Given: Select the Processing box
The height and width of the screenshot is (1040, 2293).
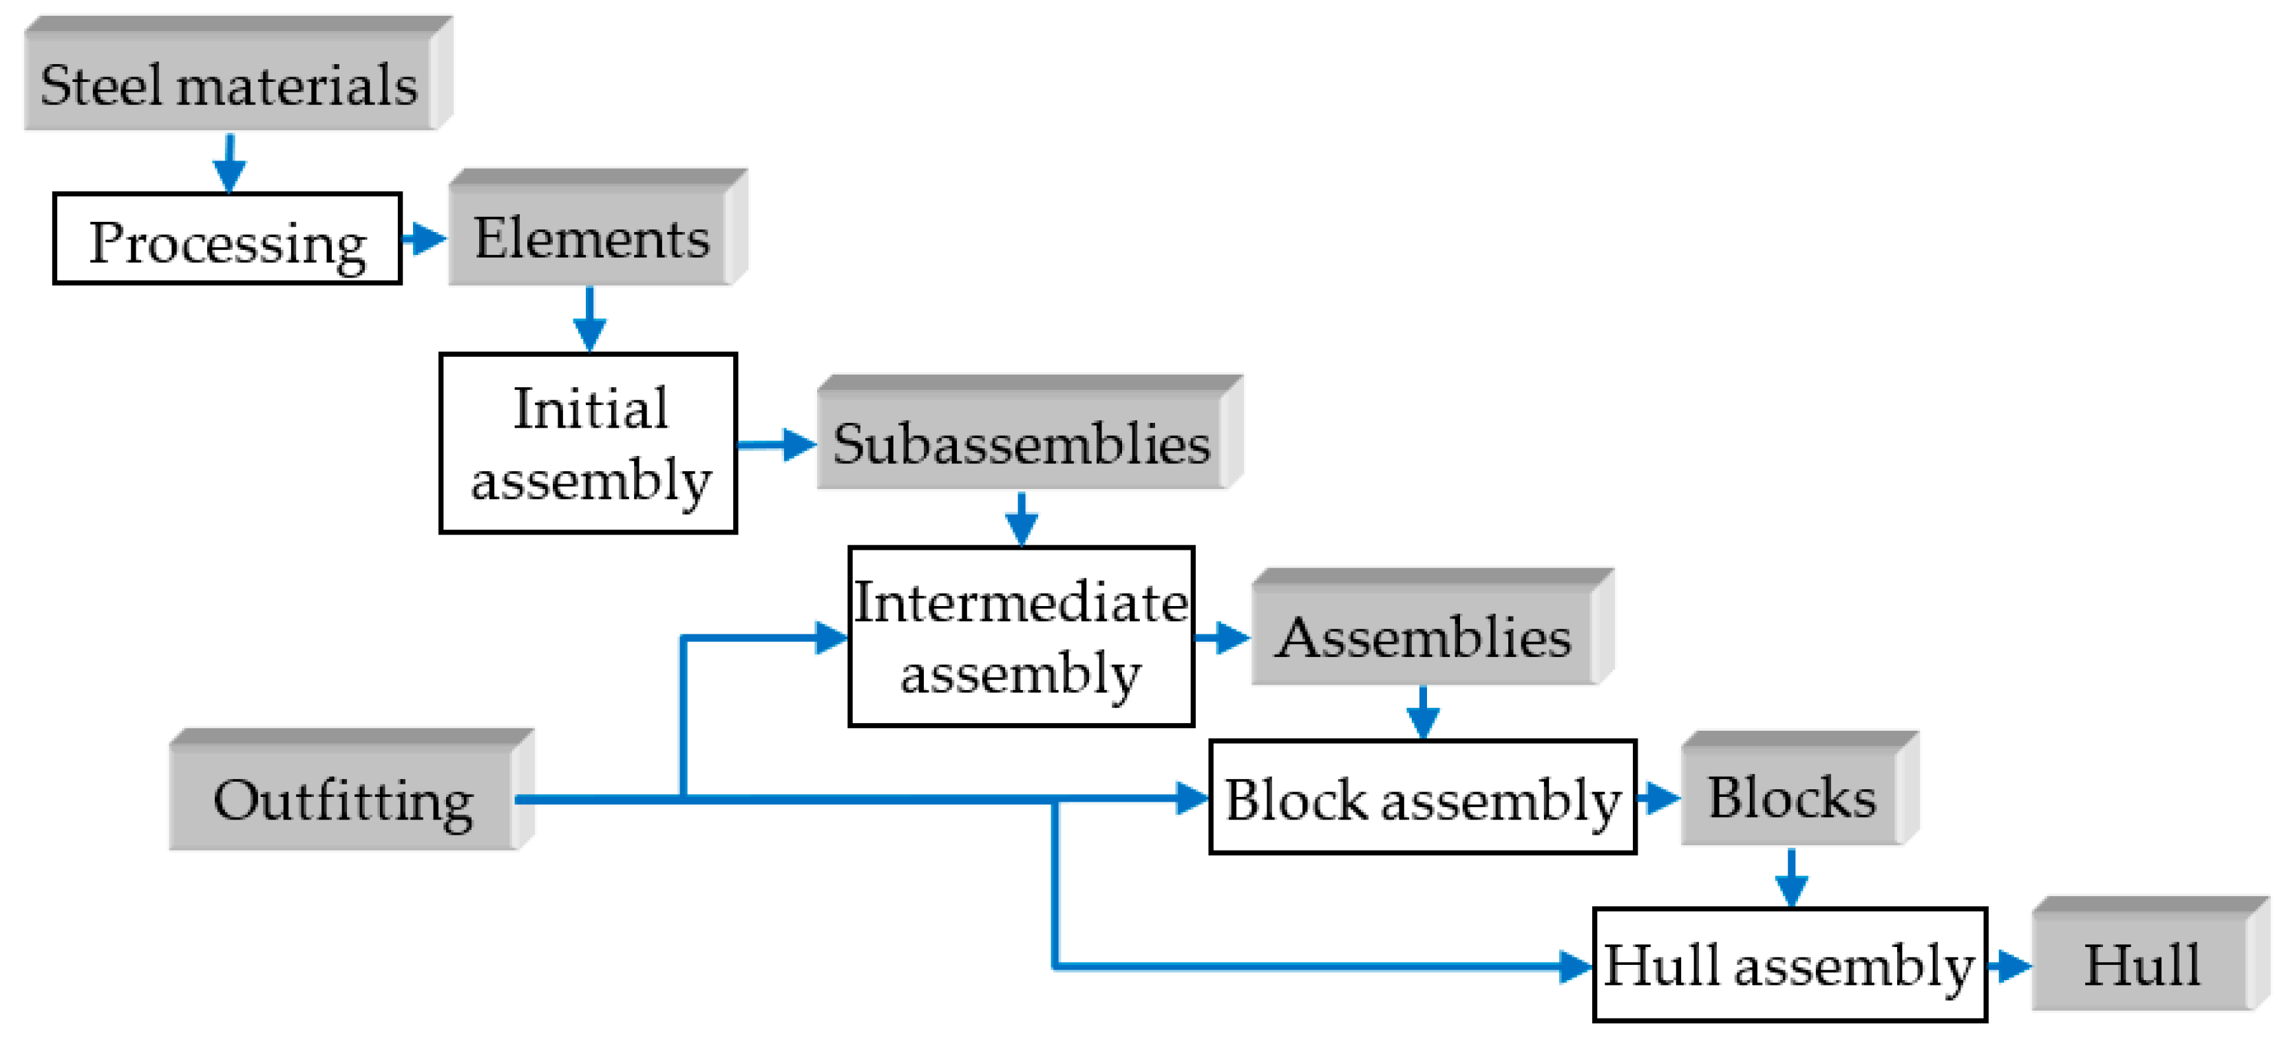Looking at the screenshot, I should [227, 240].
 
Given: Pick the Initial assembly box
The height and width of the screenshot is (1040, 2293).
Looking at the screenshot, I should [589, 444].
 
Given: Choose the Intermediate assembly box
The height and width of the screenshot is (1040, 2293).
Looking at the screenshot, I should [1021, 638].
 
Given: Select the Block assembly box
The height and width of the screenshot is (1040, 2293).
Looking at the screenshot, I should [1422, 798].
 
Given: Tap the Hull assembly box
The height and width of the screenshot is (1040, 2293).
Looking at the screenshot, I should [1789, 965].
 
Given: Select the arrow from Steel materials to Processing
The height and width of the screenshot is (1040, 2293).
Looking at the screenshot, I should [230, 163].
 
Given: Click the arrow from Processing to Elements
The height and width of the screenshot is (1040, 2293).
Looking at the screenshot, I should [424, 238].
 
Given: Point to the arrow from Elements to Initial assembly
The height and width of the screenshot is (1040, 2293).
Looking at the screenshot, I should [589, 320].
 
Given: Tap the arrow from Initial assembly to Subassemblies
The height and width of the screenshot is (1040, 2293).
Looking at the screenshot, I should [776, 444].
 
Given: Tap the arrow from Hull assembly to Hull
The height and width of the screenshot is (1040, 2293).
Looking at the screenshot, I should [2009, 965].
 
